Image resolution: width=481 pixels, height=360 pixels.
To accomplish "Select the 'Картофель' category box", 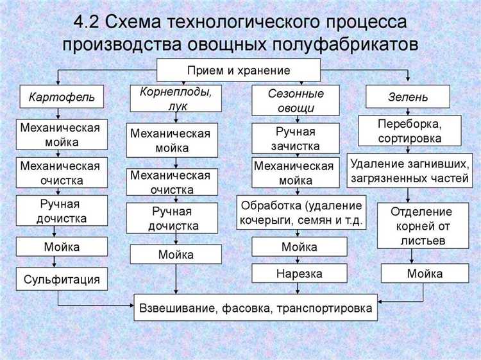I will point(61,98).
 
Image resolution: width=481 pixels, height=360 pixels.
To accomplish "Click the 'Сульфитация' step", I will point(62,279).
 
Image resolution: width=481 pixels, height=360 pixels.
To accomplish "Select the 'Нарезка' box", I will point(299,274).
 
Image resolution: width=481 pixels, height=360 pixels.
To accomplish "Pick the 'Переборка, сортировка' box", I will point(410,130).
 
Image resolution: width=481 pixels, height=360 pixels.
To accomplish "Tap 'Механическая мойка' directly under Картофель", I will point(60,134).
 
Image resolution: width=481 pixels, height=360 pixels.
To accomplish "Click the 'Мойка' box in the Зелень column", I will point(424,274).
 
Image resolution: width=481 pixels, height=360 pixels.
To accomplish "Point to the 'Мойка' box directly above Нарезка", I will point(299,246).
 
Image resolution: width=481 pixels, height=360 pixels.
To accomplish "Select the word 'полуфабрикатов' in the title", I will point(349,45).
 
